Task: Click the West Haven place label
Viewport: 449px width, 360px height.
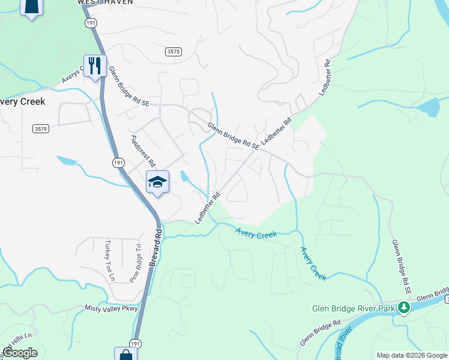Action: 105,2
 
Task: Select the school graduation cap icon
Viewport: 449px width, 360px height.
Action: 157,182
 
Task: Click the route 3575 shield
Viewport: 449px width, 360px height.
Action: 173,52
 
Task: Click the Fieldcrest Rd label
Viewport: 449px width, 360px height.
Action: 143,151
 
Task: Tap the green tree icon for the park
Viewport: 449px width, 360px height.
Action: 405,308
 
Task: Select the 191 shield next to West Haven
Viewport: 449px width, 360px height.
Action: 91,22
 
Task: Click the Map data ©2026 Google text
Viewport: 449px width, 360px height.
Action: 412,355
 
